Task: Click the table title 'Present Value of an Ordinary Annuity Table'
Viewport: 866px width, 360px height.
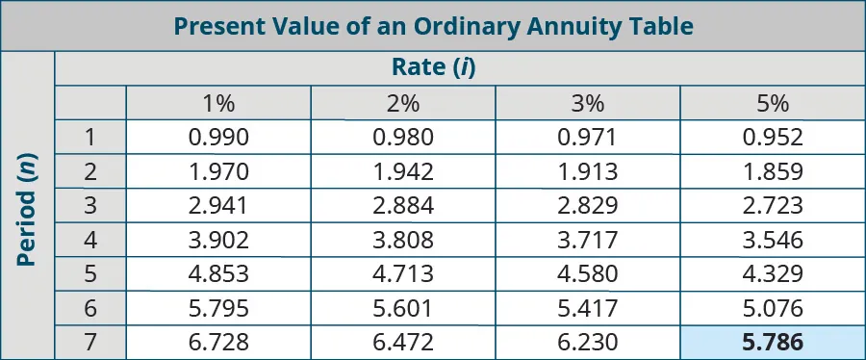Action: pos(433,26)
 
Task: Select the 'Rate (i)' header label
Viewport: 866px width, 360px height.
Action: pos(434,67)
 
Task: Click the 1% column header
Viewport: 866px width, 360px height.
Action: pos(219,104)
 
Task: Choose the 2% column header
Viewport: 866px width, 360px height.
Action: pos(403,104)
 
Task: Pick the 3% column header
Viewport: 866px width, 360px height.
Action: pos(587,104)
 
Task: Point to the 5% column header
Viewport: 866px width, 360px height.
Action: pos(773,104)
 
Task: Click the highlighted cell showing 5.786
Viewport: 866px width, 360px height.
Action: pos(773,342)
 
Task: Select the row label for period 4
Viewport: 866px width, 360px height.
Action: pos(89,240)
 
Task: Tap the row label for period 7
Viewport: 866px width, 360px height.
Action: pos(89,342)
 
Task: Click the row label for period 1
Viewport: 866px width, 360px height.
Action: pos(89,137)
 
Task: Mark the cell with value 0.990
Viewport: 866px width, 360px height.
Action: pos(219,137)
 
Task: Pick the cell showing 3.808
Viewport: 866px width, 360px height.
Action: pos(403,240)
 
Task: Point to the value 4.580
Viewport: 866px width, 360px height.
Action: pos(587,274)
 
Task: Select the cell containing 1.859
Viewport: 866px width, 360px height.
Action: pos(773,171)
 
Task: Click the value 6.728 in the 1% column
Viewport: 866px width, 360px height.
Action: pos(219,342)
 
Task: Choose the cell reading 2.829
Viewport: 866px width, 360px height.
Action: pos(587,206)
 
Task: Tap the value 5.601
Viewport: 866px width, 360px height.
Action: pos(403,308)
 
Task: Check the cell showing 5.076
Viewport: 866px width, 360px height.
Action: pos(773,308)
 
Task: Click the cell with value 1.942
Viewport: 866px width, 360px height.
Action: pos(403,171)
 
